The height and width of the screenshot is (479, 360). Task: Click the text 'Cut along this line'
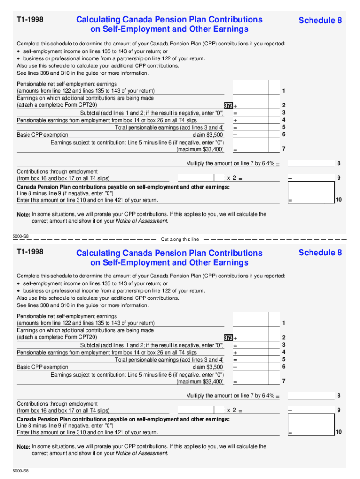(180, 239)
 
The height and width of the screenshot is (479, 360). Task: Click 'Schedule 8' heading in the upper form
(320, 20)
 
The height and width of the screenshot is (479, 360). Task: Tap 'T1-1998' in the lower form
(30, 252)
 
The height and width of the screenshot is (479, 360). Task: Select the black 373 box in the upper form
(228, 106)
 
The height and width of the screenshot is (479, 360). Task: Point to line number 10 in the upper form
(338, 200)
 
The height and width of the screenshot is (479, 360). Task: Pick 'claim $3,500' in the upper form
(208, 135)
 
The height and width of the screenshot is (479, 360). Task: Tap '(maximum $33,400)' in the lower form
(200, 382)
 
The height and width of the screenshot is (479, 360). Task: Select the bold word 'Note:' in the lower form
(23, 447)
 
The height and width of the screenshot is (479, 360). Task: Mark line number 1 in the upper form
(283, 90)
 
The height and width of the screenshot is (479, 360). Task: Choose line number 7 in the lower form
(283, 381)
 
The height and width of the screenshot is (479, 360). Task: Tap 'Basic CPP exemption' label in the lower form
(43, 367)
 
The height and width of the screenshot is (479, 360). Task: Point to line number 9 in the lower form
(338, 410)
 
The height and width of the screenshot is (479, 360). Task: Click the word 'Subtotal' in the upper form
(91, 113)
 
